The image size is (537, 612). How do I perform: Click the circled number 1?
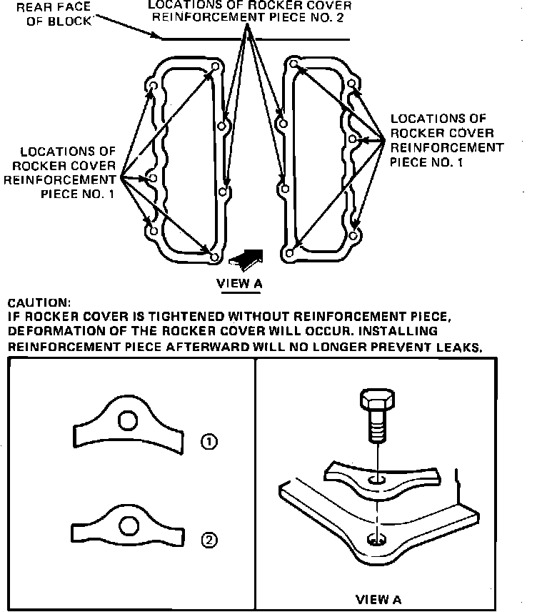(x=209, y=443)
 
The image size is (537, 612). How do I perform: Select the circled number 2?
(x=209, y=540)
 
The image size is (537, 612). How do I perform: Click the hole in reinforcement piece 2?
(x=129, y=528)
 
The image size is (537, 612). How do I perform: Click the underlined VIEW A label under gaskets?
(x=239, y=283)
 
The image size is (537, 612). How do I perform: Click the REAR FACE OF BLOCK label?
(x=46, y=14)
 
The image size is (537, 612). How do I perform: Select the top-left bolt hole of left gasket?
(x=151, y=87)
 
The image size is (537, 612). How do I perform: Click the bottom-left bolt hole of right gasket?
(x=289, y=252)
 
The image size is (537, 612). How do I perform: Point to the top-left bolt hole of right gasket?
(x=293, y=65)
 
